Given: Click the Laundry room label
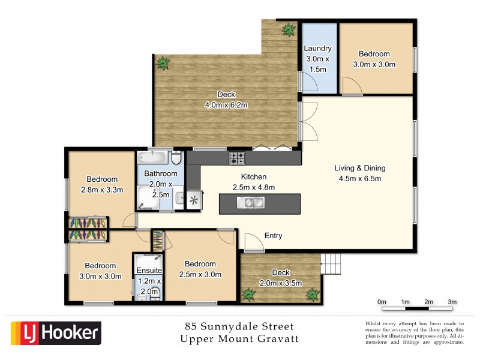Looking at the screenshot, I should tap(318, 59).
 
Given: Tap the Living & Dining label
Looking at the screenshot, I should tap(359, 173).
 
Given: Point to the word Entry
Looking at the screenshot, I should tap(273, 236).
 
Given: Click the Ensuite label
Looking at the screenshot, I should tap(147, 271).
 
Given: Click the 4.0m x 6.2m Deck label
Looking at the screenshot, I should tap(226, 100).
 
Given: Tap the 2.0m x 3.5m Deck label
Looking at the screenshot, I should tap(280, 278).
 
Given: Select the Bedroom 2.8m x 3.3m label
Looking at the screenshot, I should tap(101, 184).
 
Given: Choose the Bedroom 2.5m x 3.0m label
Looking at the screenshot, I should tap(200, 269).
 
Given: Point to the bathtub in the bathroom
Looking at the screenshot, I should tap(153, 158).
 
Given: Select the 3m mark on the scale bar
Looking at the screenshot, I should tap(452, 302).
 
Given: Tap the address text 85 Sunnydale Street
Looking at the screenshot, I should tap(240, 327).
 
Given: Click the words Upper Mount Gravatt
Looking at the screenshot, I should tap(240, 340).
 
